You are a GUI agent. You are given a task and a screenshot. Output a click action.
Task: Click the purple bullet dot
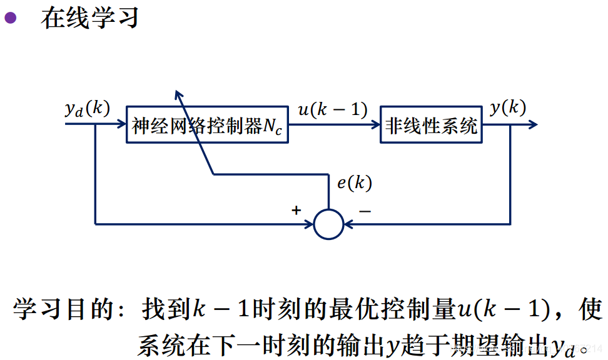(11, 17)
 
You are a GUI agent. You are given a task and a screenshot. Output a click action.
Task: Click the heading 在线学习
(89, 18)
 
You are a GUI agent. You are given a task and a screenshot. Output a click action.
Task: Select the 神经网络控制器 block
(207, 126)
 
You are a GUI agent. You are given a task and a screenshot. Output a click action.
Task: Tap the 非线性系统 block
(431, 126)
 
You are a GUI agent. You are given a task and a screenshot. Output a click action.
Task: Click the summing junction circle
(328, 223)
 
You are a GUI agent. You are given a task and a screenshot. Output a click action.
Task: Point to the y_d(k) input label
(87, 109)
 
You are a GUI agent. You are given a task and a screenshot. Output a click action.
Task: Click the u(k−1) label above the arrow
(332, 110)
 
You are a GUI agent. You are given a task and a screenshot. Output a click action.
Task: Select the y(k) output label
(507, 107)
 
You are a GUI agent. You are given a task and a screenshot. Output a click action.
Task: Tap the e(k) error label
(354, 183)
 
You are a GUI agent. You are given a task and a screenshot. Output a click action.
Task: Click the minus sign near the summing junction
(365, 211)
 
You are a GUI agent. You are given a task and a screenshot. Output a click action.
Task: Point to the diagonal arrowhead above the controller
(178, 94)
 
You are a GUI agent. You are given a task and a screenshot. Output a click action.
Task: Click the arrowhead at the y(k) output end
(532, 125)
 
